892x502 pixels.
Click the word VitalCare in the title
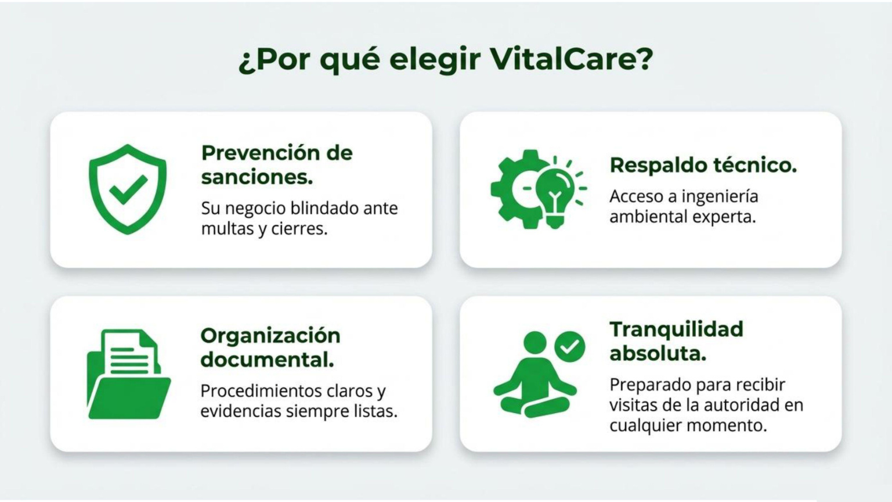pos(572,59)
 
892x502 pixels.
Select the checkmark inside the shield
pos(128,189)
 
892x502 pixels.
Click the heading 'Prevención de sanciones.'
pos(276,164)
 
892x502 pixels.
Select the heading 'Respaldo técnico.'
pos(703,165)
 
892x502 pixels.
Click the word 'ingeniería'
pos(720,196)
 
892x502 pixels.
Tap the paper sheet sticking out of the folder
pos(131,352)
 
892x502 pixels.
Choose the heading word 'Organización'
pos(270,335)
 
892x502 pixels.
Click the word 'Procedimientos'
pos(261,390)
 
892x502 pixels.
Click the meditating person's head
pos(535,342)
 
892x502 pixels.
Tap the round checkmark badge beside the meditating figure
pos(570,347)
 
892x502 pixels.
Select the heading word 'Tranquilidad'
pos(676,329)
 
